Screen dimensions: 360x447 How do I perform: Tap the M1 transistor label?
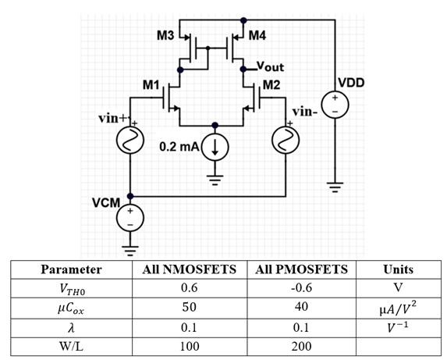(x=151, y=84)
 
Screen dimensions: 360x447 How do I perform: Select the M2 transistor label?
(x=271, y=84)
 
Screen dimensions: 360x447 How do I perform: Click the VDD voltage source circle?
(x=334, y=103)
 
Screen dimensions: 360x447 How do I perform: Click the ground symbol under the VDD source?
(x=334, y=187)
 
